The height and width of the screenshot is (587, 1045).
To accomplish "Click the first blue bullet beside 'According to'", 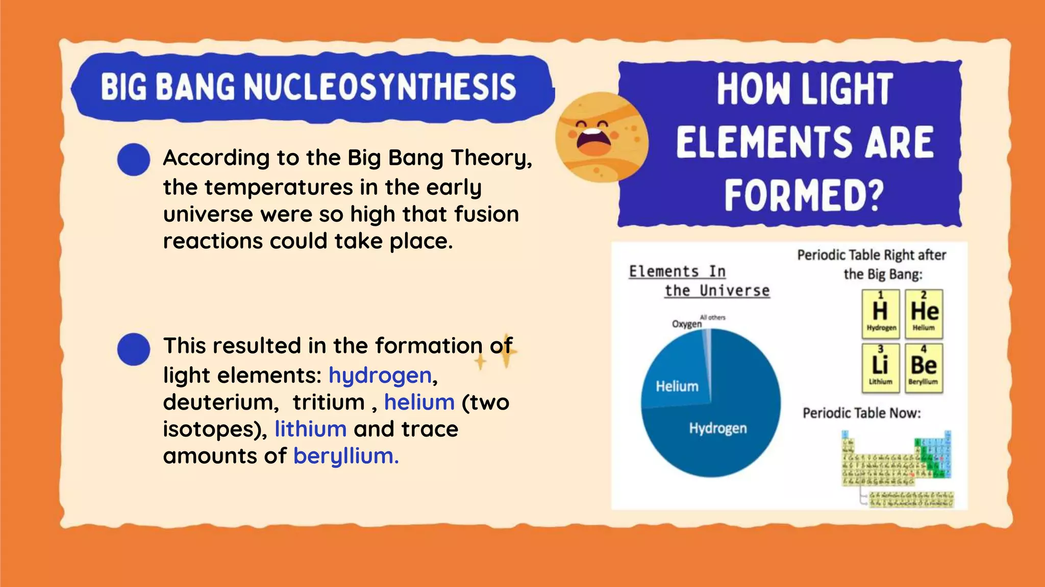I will [x=133, y=159].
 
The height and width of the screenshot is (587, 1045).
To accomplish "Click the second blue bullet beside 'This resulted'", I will [x=133, y=349].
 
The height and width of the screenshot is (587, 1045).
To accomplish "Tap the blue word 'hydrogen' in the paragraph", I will [x=380, y=376].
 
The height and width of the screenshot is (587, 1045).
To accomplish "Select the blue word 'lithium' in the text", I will [x=310, y=429].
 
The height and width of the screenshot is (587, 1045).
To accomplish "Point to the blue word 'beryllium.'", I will [x=345, y=456].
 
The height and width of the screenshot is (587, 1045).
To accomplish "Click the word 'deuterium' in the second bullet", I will [x=220, y=402].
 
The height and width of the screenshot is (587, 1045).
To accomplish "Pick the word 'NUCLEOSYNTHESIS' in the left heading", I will [x=380, y=86].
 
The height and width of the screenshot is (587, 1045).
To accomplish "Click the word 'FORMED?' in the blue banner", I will [x=804, y=196].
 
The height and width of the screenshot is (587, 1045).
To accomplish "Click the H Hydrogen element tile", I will [x=880, y=314].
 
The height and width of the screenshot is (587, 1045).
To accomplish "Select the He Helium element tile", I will [x=924, y=314].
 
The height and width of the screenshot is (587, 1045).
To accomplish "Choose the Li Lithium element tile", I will [x=880, y=368].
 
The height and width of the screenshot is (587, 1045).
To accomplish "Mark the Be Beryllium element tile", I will [x=924, y=368].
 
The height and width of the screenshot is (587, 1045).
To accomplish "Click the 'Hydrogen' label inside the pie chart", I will [x=717, y=428].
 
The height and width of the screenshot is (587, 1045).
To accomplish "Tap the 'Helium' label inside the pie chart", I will [x=677, y=387].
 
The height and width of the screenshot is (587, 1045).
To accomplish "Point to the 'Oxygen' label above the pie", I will [x=686, y=324].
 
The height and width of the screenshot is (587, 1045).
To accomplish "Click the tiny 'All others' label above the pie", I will [x=713, y=318].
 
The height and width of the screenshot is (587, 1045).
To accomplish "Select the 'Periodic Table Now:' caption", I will [x=861, y=413].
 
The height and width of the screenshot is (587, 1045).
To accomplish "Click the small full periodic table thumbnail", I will [x=897, y=468].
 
